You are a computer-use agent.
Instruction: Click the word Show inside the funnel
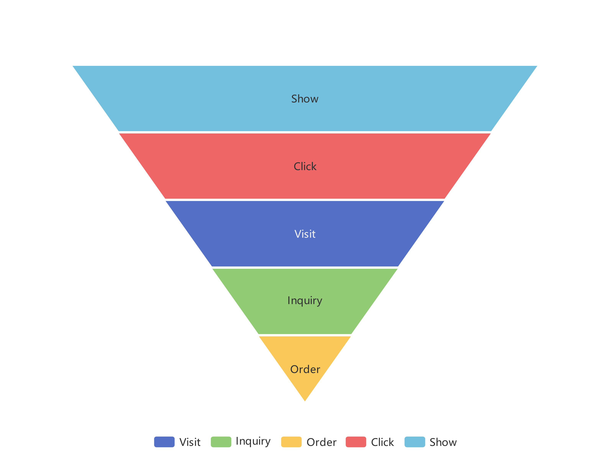point(305,99)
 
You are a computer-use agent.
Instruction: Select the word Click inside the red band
point(305,167)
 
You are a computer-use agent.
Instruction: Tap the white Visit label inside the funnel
point(305,234)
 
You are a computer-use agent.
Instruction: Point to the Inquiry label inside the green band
point(305,301)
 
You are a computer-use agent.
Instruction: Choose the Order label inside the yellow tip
point(305,369)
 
